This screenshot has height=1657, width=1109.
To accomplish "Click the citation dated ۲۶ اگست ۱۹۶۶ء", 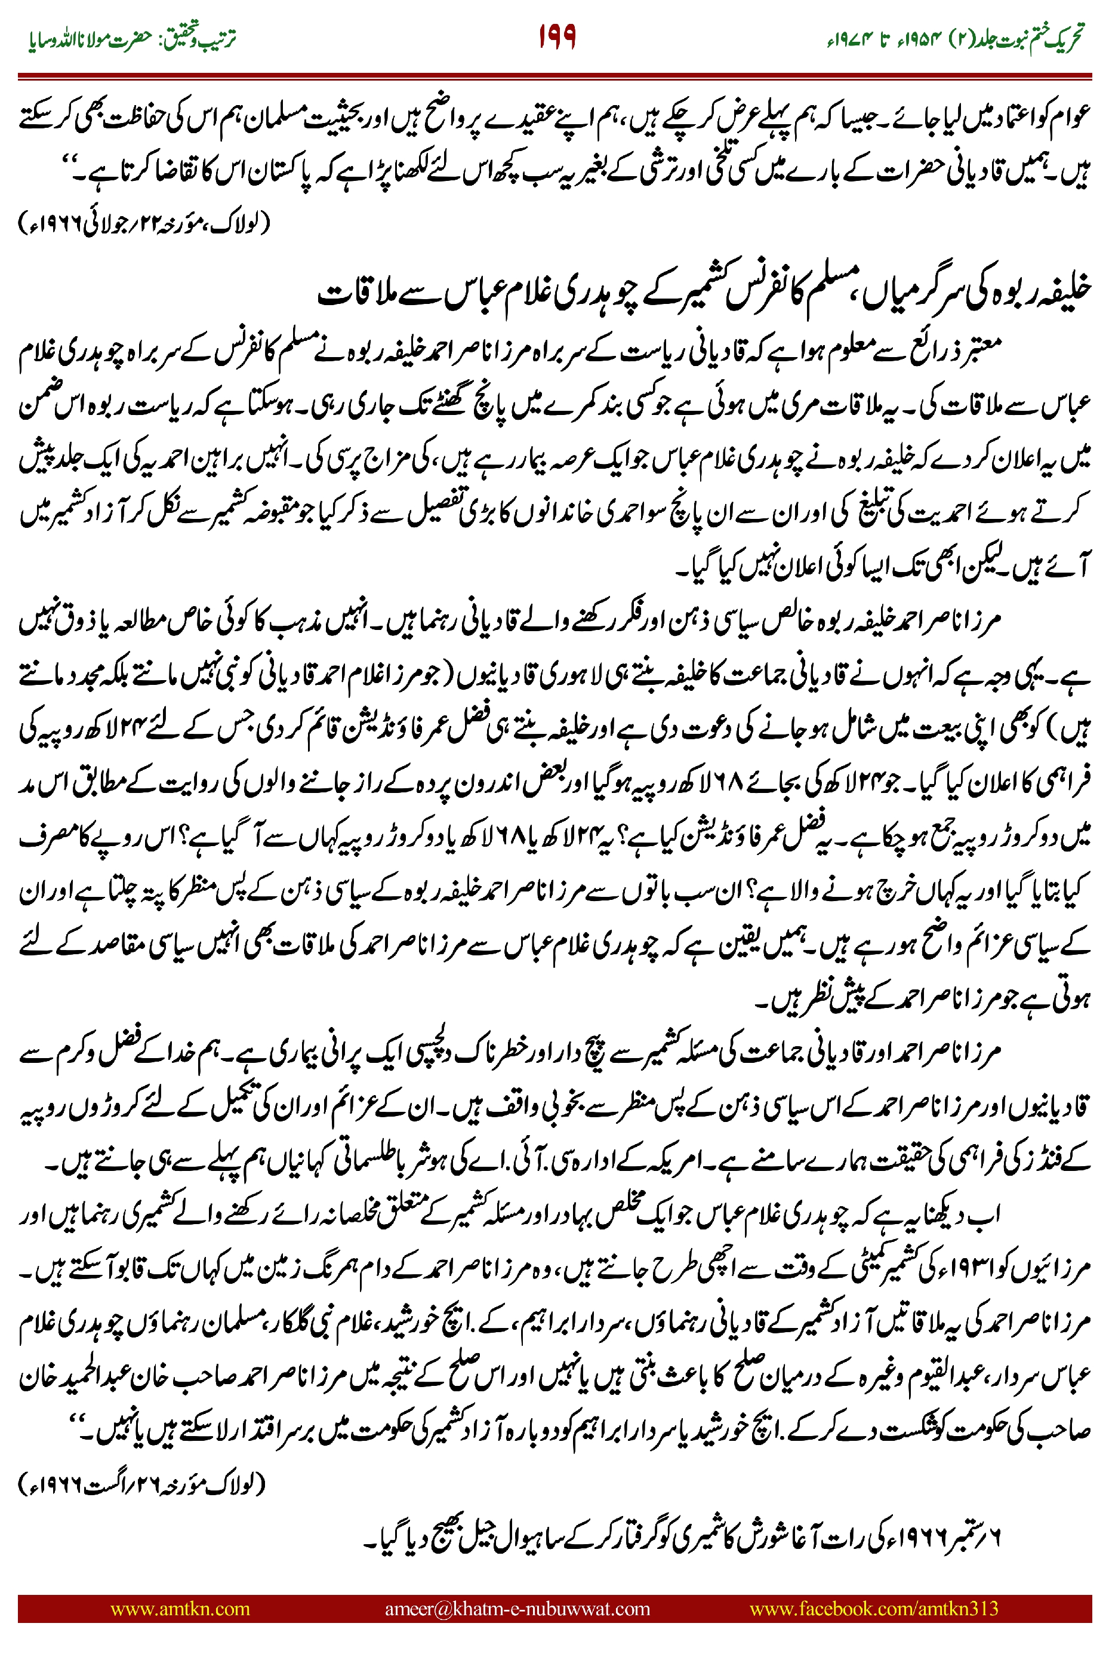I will point(141,1484).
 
